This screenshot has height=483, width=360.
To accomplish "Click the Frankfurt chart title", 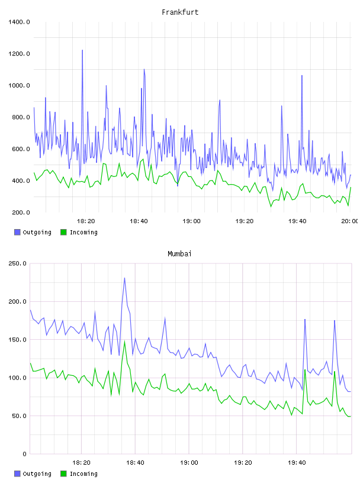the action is coord(180,12).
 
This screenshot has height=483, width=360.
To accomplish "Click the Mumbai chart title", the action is coord(179,254).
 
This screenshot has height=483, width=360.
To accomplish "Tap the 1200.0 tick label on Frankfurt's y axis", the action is coord(19,54).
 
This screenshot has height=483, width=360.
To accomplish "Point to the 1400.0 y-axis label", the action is coord(19,22).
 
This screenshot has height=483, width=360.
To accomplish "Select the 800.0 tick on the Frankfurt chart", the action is coord(21,117).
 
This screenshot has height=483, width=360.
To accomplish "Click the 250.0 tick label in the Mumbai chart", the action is coord(17,263).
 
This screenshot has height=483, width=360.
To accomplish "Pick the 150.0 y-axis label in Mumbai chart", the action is coord(17,340).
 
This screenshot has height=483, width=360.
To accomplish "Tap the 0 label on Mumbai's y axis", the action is coord(24,454).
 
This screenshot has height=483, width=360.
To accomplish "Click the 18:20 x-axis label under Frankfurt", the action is coord(86,221).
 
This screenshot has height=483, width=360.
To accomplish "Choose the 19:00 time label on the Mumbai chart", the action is coord(189,463).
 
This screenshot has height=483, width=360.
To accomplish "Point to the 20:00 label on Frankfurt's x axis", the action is coord(350,221).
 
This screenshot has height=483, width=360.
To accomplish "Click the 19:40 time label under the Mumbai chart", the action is coord(297,463).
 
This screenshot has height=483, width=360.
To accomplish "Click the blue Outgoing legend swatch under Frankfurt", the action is coord(17,232).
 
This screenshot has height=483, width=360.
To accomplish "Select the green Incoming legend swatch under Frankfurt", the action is coord(63,232).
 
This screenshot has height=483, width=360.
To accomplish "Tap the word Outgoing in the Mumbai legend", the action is coord(37,474).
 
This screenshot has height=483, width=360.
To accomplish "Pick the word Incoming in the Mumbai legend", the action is coord(83,474).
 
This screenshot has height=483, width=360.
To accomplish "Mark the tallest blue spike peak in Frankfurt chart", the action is coord(82,50).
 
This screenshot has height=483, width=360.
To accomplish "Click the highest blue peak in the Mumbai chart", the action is coord(124,278).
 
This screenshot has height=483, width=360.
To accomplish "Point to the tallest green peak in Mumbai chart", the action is coord(124,341).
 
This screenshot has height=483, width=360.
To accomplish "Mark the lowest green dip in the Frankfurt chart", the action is coord(271,207).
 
